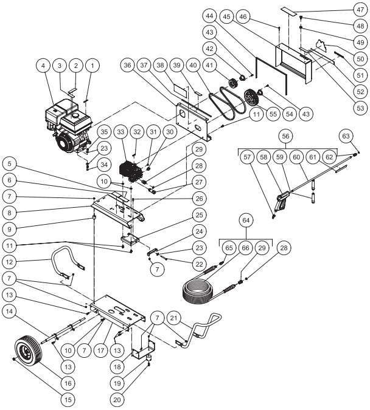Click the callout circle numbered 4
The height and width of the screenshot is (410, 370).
[x=43, y=65]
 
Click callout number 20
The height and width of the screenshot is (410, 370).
[x=117, y=399]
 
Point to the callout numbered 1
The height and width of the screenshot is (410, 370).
[x=92, y=65]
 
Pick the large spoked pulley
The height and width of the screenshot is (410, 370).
[x=249, y=98]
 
